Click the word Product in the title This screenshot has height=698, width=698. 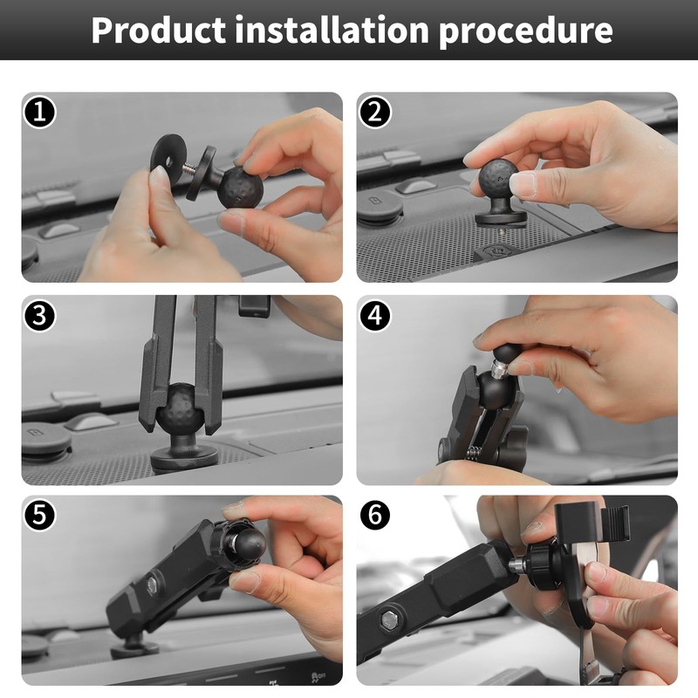coord(159,30)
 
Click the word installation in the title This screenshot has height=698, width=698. coord(332,30)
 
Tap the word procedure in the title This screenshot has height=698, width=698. coord(526,32)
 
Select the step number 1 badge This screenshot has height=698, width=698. coord(39,112)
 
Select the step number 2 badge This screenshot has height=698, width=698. coord(375,112)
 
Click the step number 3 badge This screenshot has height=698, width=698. coord(39,316)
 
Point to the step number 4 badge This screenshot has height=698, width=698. coord(375,316)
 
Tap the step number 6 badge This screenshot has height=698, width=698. coord(375,515)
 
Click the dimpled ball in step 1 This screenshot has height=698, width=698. coord(241,188)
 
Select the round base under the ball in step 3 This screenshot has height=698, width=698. coord(184,457)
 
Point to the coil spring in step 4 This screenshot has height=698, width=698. coord(476,453)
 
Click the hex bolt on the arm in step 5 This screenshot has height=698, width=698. coord(152,583)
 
